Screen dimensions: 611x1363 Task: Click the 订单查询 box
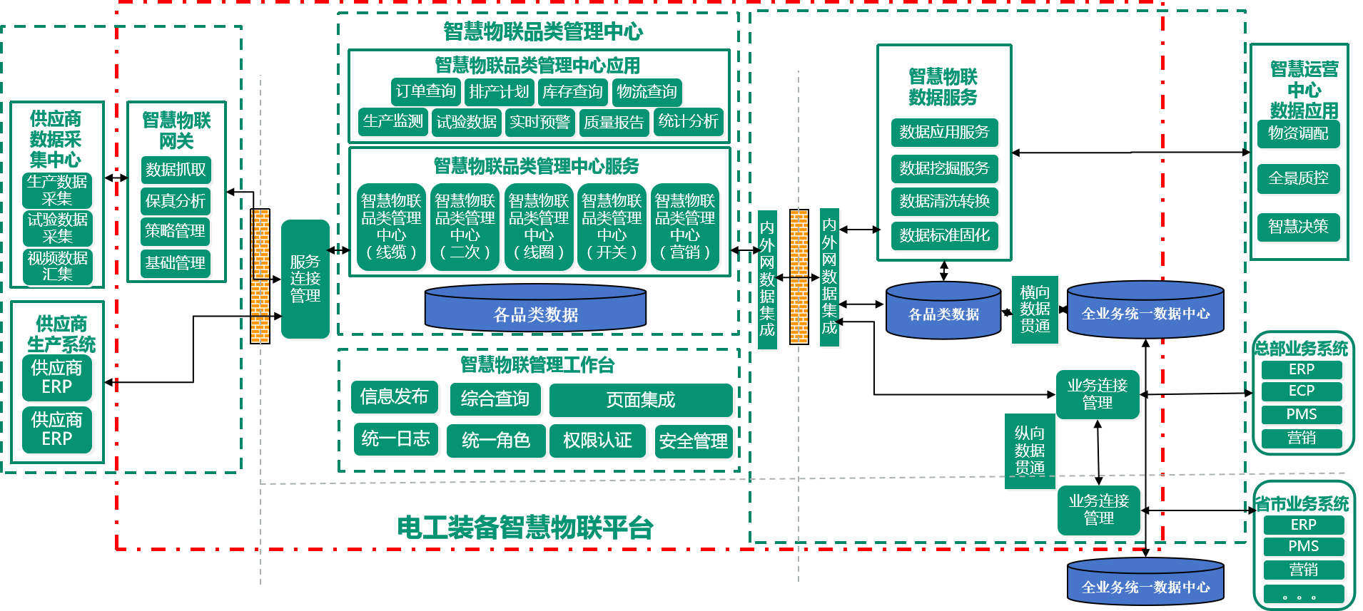pyautogui.click(x=425, y=92)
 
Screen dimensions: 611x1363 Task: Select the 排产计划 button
pyautogui.click(x=499, y=92)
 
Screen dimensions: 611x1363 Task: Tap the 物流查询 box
pyautogui.click(x=647, y=92)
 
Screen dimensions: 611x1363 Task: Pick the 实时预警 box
pyautogui.click(x=539, y=123)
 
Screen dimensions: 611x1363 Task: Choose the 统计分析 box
pyautogui.click(x=688, y=122)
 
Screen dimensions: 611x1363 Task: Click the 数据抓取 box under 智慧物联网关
pyautogui.click(x=176, y=170)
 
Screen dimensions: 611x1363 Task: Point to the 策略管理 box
pyautogui.click(x=176, y=231)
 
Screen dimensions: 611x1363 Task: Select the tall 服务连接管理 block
pyautogui.click(x=305, y=279)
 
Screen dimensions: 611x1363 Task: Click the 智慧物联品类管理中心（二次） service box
pyautogui.click(x=465, y=227)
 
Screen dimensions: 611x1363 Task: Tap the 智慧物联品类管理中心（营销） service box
pyautogui.click(x=684, y=227)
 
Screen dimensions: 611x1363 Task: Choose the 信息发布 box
pyautogui.click(x=394, y=397)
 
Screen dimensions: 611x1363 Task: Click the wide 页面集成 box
pyautogui.click(x=641, y=400)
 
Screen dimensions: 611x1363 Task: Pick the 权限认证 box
pyautogui.click(x=597, y=441)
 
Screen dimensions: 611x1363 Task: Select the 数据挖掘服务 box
pyautogui.click(x=944, y=168)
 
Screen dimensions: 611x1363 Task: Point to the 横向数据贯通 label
pyautogui.click(x=1035, y=309)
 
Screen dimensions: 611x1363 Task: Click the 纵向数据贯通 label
pyautogui.click(x=1030, y=451)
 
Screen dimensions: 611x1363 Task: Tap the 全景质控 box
pyautogui.click(x=1298, y=178)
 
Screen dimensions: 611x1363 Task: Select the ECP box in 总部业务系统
pyautogui.click(x=1302, y=391)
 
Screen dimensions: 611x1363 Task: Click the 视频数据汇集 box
pyautogui.click(x=58, y=266)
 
